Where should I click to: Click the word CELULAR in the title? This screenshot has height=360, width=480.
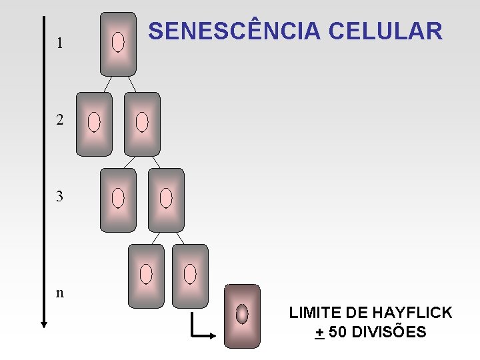(x=386, y=31)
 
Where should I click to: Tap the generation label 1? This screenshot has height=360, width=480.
(x=61, y=43)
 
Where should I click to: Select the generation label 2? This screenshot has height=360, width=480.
(x=61, y=121)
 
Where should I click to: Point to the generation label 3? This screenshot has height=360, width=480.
(x=61, y=197)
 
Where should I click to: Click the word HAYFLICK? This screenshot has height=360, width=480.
(x=413, y=313)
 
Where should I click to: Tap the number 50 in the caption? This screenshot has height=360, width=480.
(x=337, y=331)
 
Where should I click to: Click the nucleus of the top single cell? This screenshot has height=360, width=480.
(x=118, y=43)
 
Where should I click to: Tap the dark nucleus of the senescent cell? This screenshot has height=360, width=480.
(x=242, y=313)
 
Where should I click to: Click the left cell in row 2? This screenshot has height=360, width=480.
(x=94, y=124)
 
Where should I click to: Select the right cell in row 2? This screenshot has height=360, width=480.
(x=142, y=124)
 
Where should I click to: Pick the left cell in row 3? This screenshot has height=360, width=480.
(x=118, y=200)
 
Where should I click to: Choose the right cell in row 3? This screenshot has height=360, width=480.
(x=166, y=200)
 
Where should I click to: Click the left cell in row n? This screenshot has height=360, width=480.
(x=146, y=276)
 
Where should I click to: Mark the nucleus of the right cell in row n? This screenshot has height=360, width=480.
(x=190, y=273)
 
